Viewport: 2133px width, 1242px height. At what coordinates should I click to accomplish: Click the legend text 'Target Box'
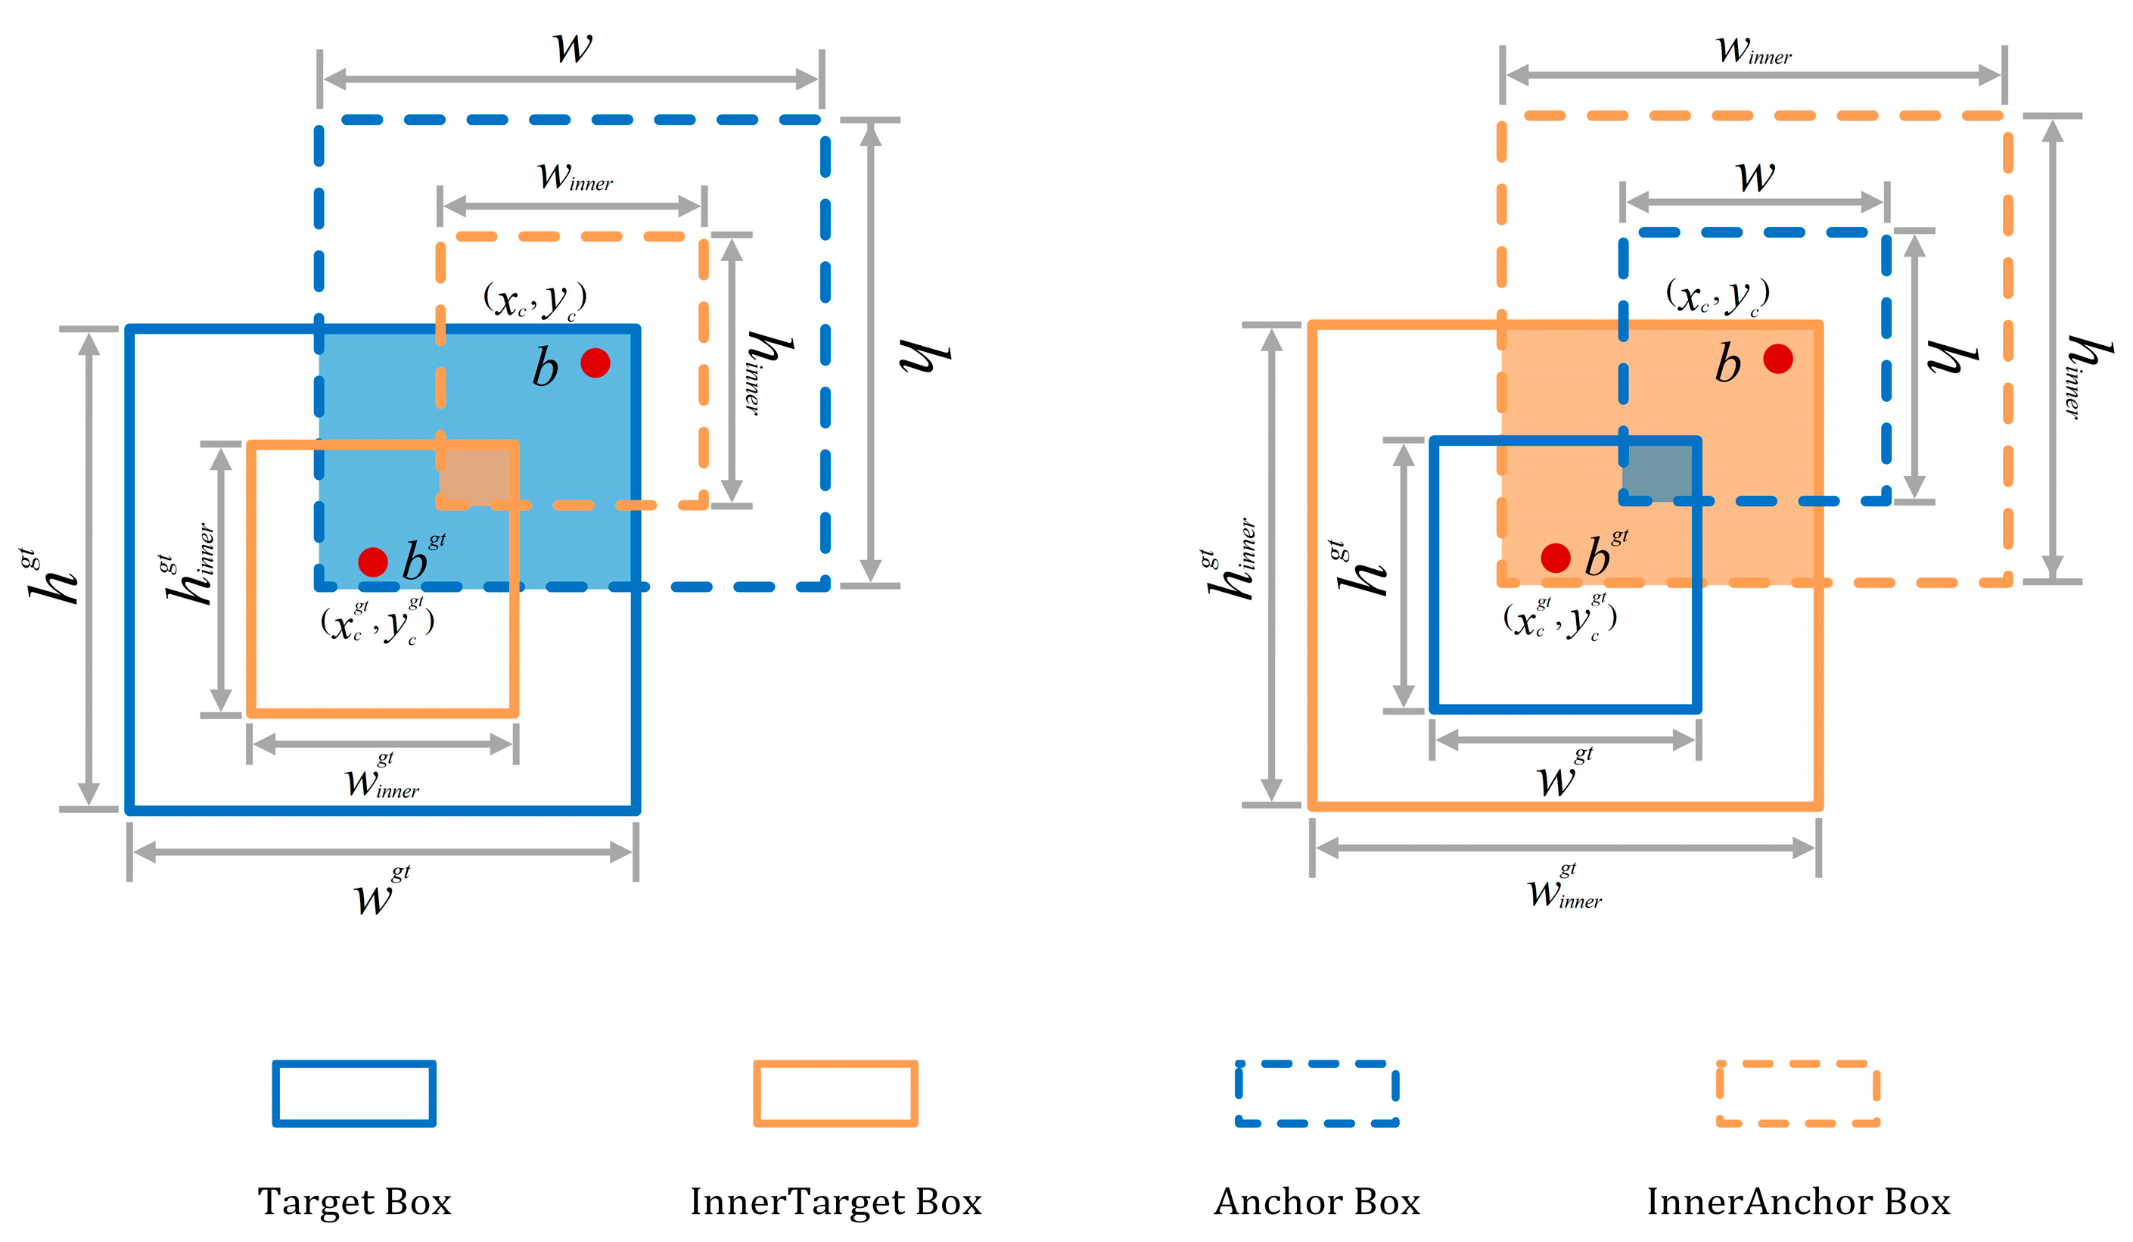pyautogui.click(x=355, y=1201)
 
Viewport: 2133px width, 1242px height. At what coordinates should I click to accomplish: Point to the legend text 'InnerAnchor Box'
pyautogui.click(x=1799, y=1201)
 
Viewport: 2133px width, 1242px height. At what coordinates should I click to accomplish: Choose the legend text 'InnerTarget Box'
pyautogui.click(x=836, y=1201)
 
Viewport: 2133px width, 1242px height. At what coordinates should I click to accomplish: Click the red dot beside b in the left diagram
pyautogui.click(x=595, y=363)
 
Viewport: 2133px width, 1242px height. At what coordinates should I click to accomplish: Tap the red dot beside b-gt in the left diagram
pyautogui.click(x=372, y=562)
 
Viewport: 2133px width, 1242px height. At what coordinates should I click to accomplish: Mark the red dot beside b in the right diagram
pyautogui.click(x=1777, y=358)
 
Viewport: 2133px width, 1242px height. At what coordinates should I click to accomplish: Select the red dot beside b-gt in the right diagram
pyautogui.click(x=1556, y=558)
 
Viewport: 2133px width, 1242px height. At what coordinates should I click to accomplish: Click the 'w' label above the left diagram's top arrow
pyautogui.click(x=573, y=47)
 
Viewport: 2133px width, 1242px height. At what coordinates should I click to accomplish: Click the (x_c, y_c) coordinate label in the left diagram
pyautogui.click(x=535, y=300)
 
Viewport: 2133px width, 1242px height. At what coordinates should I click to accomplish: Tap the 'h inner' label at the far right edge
pyautogui.click(x=2088, y=376)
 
